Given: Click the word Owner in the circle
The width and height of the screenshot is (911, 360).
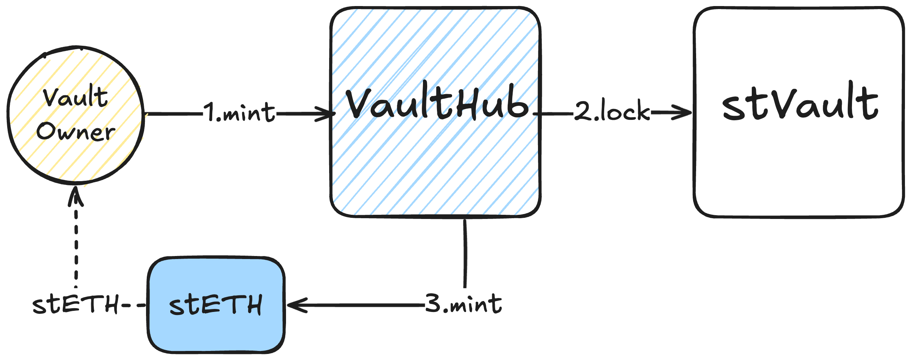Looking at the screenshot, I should pos(76,132).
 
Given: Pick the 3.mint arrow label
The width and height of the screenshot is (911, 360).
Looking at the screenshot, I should pos(464,304).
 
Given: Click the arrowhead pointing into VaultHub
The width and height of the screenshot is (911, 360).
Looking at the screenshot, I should pos(327,113).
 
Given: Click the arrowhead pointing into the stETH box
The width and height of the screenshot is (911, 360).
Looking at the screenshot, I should pos(295,305).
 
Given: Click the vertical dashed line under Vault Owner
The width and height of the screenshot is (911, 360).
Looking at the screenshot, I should pos(76,246).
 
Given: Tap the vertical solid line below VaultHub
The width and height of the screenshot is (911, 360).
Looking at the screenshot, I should pos(465,253).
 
